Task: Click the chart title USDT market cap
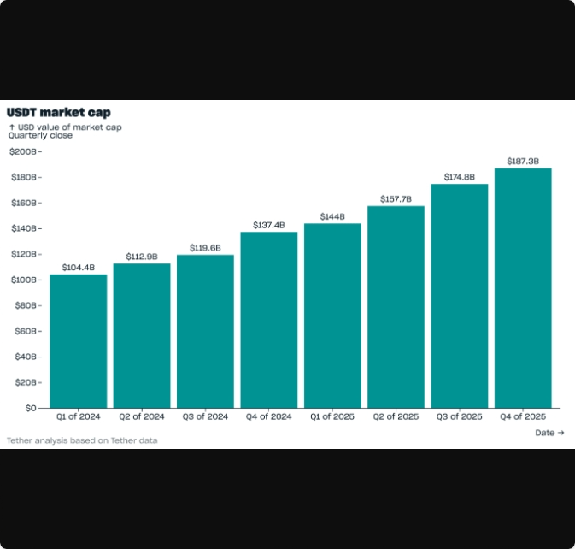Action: point(59,112)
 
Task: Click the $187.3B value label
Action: point(523,161)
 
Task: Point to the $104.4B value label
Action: point(79,267)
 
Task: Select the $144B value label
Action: point(332,216)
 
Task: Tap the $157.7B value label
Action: point(396,199)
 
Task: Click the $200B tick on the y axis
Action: point(23,151)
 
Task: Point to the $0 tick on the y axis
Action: point(30,408)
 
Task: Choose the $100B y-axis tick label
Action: point(23,280)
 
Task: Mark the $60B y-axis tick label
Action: point(25,331)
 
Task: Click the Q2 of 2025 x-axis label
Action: point(396,417)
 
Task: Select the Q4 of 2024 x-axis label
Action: point(269,417)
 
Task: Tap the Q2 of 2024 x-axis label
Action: point(142,417)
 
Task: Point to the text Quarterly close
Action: point(40,135)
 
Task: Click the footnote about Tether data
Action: point(82,440)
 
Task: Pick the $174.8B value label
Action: point(460,177)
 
